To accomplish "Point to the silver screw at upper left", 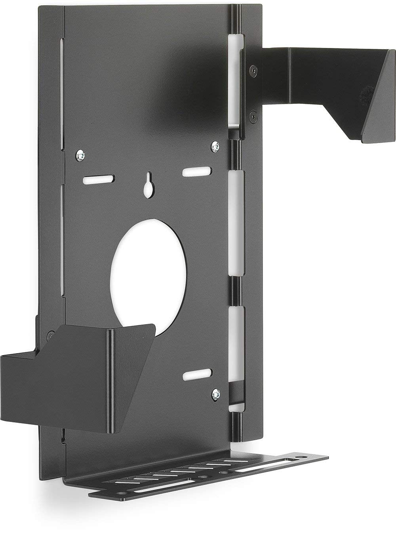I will pos(80,155).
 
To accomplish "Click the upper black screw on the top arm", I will pos(252,71).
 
